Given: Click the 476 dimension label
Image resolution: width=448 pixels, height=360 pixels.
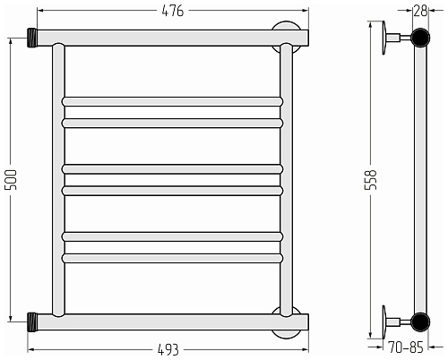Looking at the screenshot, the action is pos(173,11).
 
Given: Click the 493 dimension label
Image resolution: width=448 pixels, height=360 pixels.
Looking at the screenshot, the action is pos(168,350).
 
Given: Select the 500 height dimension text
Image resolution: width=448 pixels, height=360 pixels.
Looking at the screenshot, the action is pos(11,180).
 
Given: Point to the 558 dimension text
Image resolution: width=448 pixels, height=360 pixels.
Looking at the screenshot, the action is pos(371,180).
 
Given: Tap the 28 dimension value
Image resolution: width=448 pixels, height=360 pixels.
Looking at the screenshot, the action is pos(420,11).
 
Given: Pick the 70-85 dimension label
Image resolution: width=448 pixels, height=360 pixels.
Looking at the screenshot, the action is pos(406,347).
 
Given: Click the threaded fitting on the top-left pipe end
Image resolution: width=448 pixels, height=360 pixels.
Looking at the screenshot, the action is pos(32,38).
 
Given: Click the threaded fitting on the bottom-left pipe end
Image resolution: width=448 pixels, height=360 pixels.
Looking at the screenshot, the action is pos(32,322).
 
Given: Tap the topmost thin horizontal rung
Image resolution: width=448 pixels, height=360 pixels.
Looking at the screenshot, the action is pos(172,101).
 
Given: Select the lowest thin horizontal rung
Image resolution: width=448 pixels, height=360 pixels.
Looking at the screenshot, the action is pos(172,258).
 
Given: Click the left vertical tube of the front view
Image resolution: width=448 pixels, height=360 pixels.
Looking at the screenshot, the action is pos(58,180).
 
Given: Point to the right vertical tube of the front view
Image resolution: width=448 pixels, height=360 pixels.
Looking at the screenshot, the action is pos(287,180).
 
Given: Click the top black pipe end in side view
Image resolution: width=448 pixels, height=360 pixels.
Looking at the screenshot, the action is pos(420,38).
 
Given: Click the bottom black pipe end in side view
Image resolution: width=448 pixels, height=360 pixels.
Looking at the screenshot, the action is pos(420,322).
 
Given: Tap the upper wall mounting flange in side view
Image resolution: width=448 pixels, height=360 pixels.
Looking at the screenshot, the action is pos(384,38).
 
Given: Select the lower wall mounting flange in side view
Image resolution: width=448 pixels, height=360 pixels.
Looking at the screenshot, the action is pos(384,322).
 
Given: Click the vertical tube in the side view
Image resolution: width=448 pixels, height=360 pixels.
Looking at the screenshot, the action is pos(420,180).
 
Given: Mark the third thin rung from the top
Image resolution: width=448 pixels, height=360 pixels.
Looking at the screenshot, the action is pos(172,169).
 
